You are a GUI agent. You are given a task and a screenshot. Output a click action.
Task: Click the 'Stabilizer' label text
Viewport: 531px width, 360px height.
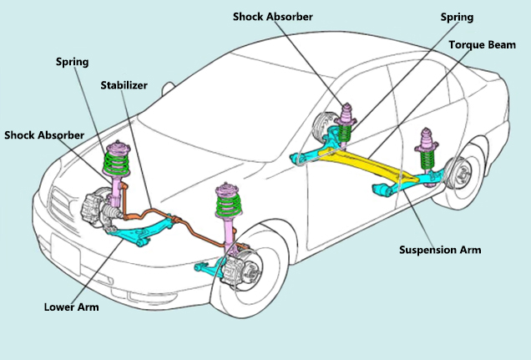(124, 85)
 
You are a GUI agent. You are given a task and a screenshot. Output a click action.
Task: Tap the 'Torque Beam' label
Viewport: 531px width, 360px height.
(483, 45)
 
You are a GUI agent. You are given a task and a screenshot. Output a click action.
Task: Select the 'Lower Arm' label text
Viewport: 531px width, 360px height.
(72, 307)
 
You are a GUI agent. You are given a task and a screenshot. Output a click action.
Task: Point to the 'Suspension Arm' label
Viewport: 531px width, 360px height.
(440, 250)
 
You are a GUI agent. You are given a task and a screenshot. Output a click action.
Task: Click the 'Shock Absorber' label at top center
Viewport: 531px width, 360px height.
(273, 17)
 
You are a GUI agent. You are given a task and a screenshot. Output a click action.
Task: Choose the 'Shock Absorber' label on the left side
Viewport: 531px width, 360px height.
(44, 135)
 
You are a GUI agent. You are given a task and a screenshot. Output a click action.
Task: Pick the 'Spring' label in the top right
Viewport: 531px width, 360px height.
(457, 18)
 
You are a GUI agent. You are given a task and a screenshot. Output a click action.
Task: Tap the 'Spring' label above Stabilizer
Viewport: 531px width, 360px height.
(72, 62)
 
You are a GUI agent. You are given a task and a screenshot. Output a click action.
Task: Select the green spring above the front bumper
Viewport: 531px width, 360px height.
(116, 163)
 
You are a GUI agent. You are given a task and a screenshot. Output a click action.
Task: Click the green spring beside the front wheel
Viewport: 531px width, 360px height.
(229, 204)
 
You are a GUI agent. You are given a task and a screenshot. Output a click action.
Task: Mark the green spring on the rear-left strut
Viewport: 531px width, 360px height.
(345, 133)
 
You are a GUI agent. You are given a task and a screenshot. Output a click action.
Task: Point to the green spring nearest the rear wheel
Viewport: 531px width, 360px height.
(427, 158)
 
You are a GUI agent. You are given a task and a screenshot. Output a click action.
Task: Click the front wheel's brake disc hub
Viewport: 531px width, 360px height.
(250, 270)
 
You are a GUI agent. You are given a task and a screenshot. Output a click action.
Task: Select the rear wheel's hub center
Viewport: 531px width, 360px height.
(461, 175)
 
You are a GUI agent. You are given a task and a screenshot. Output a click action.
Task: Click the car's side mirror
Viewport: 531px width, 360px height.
(168, 88)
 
